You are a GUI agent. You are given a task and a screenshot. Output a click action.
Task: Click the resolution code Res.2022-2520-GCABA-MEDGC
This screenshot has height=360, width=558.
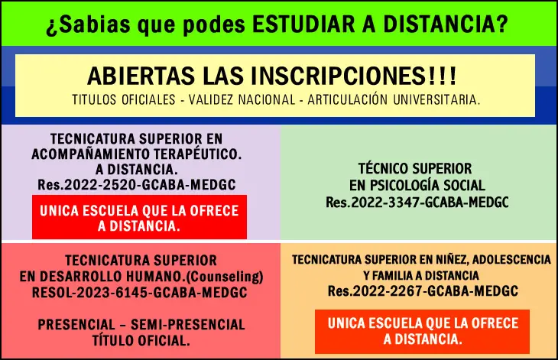[136, 184]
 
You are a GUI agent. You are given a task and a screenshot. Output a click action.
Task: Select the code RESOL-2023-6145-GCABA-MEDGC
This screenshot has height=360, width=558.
[140, 292]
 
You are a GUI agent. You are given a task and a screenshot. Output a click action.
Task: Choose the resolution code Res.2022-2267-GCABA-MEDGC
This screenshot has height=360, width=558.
[423, 291]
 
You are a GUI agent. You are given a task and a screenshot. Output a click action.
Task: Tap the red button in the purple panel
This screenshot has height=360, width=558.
[139, 218]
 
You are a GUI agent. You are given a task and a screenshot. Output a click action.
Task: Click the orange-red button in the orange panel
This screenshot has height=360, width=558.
[422, 331]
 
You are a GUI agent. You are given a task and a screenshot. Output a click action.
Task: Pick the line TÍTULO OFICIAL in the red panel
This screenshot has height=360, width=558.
[141, 341]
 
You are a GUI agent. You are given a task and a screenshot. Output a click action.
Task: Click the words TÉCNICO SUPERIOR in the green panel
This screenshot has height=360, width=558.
[417, 168]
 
